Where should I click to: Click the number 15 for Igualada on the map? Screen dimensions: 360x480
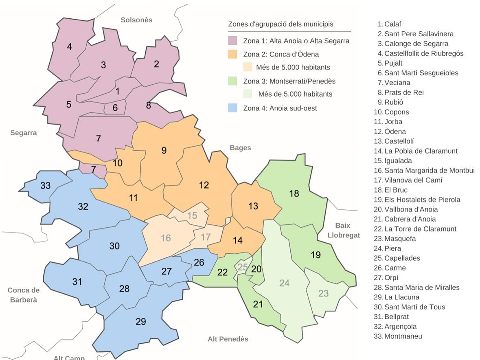click(x=192, y=215)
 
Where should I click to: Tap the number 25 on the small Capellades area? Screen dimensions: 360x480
click(x=242, y=268)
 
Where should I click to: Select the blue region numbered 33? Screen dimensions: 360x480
click(x=46, y=186)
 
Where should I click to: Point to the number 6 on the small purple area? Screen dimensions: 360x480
click(x=115, y=108)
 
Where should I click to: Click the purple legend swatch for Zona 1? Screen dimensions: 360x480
click(x=232, y=41)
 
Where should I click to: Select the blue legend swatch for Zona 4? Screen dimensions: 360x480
click(x=232, y=108)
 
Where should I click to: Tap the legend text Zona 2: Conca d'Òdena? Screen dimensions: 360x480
click(x=281, y=54)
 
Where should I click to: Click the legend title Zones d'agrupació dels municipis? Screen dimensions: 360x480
click(x=281, y=24)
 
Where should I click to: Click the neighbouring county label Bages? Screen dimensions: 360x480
click(x=240, y=148)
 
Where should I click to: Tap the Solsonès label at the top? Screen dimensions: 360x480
click(x=136, y=20)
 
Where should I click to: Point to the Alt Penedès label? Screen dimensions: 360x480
click(x=228, y=339)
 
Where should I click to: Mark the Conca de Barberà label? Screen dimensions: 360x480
click(x=24, y=295)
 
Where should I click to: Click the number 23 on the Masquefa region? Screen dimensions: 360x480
click(x=323, y=293)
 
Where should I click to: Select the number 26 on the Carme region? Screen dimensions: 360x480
click(x=199, y=262)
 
